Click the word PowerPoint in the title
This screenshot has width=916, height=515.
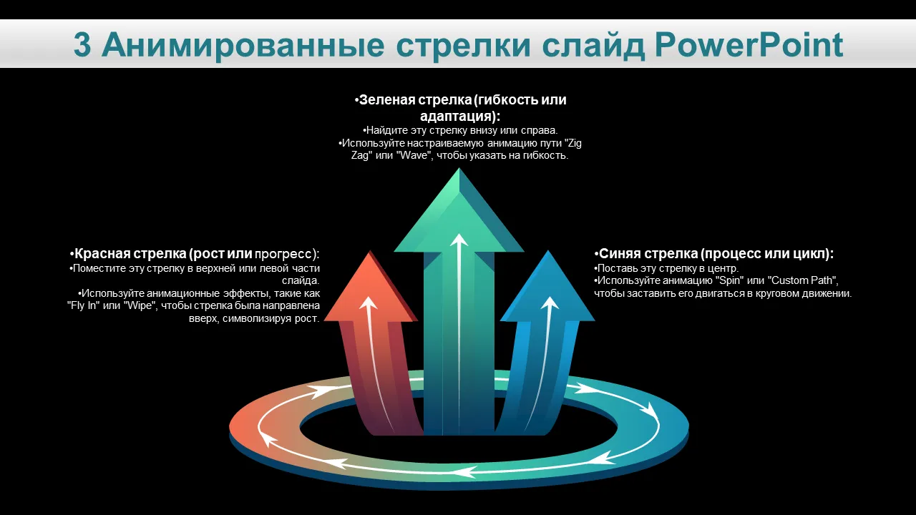[749, 45]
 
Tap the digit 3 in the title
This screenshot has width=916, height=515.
[82, 45]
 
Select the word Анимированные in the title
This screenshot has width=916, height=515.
[243, 45]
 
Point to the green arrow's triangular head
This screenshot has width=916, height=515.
[459, 212]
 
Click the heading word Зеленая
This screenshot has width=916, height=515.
[387, 99]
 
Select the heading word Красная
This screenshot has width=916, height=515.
[102, 254]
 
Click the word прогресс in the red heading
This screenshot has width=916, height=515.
[283, 254]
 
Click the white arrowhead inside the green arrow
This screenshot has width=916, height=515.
[459, 240]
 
